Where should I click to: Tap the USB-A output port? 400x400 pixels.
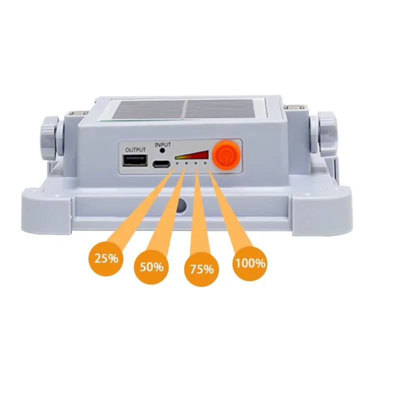coord(135,160)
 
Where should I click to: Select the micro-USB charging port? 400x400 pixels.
coord(161,163)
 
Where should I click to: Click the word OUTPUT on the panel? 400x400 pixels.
coord(135,149)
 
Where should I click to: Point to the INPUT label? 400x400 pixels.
coord(162,144)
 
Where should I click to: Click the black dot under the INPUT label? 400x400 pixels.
coord(161,150)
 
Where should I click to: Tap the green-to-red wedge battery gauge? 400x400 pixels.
coord(192,155)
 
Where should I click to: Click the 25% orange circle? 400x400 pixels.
coord(106,258)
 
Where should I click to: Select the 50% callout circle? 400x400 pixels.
coord(151,267)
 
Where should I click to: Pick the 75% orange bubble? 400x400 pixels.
coord(201,269)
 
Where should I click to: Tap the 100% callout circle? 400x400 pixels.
coord(250,263)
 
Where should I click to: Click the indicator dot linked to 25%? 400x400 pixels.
coord(177,163)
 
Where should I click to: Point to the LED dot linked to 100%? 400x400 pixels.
coord(205,163)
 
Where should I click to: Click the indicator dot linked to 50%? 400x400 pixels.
coord(186,163)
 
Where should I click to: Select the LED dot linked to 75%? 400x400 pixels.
coord(196,163)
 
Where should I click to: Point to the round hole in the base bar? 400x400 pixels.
coord(181,204)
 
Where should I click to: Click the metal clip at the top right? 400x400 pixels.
coord(295,107)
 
